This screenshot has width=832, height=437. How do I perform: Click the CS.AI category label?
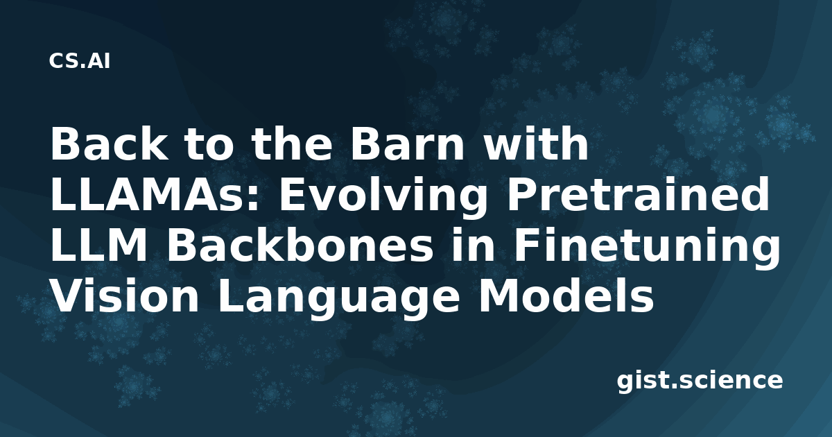[80, 61]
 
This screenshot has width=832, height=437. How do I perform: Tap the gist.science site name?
[700, 382]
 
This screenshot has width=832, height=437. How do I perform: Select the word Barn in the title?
[407, 144]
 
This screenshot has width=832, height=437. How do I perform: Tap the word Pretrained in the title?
[638, 194]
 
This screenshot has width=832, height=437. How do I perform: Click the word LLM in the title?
[98, 246]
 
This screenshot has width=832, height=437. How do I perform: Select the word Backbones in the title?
[300, 246]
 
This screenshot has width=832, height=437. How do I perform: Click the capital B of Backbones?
[181, 246]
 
